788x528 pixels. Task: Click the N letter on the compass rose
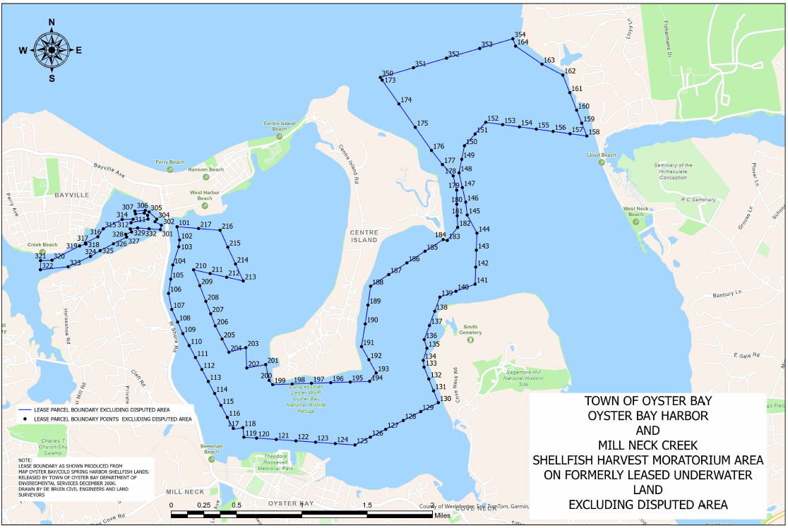coord(52,23)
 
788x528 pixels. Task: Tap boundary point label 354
coord(520,35)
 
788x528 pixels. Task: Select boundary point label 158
coord(594,132)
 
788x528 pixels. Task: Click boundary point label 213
coord(250,277)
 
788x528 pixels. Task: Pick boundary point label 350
coord(387,73)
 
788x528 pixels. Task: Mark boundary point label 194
coord(378,378)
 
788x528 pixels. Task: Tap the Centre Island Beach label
coord(280,126)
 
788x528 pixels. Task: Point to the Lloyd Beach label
coord(602,155)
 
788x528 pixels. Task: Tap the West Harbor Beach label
coord(205,195)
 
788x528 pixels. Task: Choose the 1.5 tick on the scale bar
coord(366,505)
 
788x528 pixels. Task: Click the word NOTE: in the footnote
coord(25,460)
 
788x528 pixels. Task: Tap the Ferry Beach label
coord(170,162)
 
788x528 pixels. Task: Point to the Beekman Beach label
coord(212,449)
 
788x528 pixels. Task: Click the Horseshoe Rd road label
coord(65,326)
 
